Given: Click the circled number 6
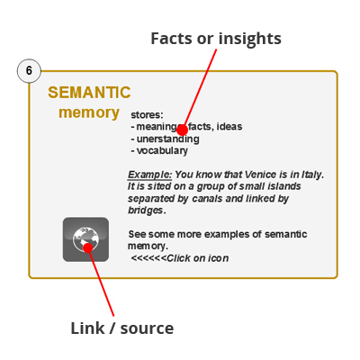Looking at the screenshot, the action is tap(29, 71).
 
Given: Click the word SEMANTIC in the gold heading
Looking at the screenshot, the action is tap(89, 93).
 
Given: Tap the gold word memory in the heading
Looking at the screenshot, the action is tap(89, 112).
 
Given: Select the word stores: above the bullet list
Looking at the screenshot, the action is tap(147, 115).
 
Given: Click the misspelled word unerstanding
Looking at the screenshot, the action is tap(168, 139).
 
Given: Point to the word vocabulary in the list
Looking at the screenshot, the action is tap(162, 150).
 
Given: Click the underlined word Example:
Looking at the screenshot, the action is tap(150, 175).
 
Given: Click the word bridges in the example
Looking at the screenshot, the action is tap(146, 211).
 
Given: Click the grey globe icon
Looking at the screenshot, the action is tap(85, 239).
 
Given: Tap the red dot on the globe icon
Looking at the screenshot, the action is tap(88, 248).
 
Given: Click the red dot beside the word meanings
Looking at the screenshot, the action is tap(182, 130).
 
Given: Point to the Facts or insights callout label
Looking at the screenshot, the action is tap(216, 39).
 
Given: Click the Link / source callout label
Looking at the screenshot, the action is tap(122, 328).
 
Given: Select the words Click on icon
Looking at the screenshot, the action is tap(198, 258).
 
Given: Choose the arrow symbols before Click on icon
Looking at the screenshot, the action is tap(148, 258).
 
